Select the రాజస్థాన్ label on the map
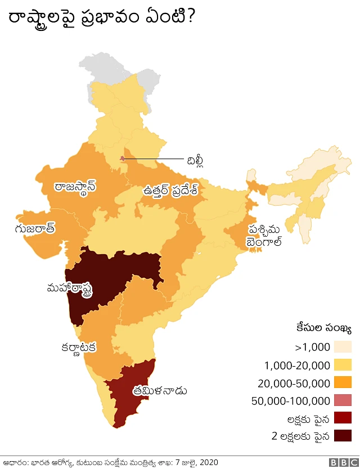click(x=75, y=187)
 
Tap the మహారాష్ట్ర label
click(x=71, y=288)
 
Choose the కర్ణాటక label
click(x=79, y=347)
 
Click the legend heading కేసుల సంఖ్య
click(x=324, y=328)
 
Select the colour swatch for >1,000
click(x=342, y=347)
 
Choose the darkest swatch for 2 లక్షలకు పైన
click(x=342, y=436)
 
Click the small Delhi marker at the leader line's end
click(x=123, y=159)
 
